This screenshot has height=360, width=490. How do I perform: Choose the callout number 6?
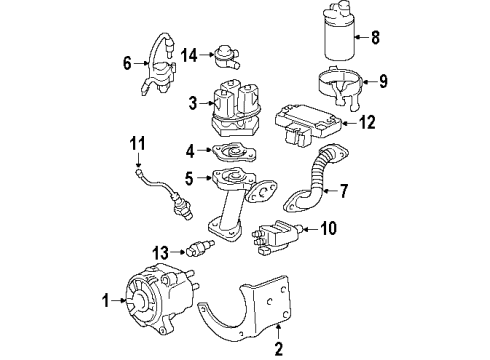coord(126,63)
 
